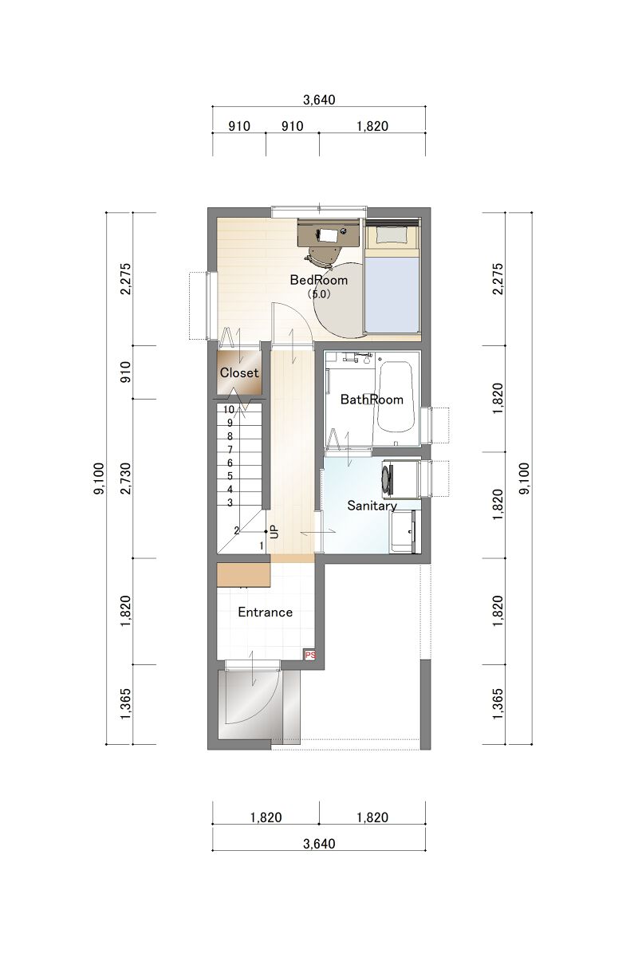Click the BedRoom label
(x=318, y=280)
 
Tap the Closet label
(x=239, y=372)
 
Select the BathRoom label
(x=372, y=400)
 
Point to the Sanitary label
(x=372, y=506)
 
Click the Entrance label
(x=265, y=612)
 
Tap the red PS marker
(x=309, y=655)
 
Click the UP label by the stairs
(x=275, y=532)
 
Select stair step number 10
(x=229, y=410)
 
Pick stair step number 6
(x=230, y=463)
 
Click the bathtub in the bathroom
(x=396, y=397)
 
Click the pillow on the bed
(x=390, y=234)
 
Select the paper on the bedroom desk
(x=328, y=234)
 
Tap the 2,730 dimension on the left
(x=127, y=478)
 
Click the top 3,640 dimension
(x=319, y=100)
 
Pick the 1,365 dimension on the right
(x=498, y=703)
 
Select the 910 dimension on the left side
(x=127, y=372)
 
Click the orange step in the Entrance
(x=243, y=575)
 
